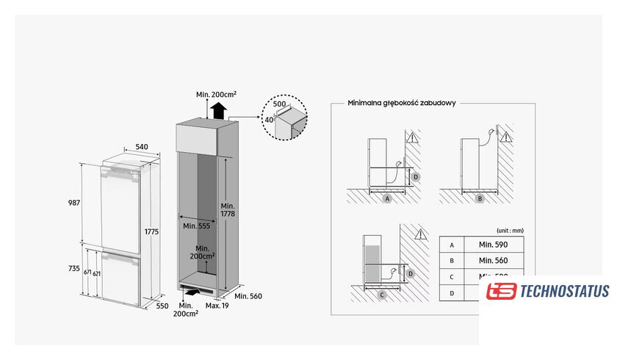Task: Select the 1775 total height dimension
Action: (x=152, y=231)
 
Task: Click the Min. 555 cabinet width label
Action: (x=196, y=226)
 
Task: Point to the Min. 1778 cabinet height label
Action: (x=227, y=208)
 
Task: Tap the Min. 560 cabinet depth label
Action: (x=249, y=296)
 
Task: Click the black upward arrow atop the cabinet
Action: (x=217, y=111)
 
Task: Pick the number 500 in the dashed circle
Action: (x=279, y=105)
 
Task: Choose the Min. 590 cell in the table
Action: (x=492, y=244)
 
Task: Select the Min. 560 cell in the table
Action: (x=492, y=260)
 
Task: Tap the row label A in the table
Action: (x=452, y=244)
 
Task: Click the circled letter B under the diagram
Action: (x=480, y=198)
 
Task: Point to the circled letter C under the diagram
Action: (x=383, y=295)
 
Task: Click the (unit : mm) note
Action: (x=509, y=230)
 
